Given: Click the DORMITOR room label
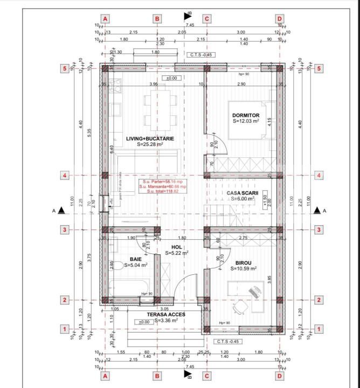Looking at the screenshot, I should coord(246,115).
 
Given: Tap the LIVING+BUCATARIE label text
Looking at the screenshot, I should coord(150,138).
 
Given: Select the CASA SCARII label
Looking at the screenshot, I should coord(244,192).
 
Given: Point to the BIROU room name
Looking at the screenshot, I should coord(244,262).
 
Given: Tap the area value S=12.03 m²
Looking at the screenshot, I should coord(246,122).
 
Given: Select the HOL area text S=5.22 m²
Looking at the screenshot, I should coord(176,253).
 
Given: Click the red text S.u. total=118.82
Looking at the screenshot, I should coord(162,191).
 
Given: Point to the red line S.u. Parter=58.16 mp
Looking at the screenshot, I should coord(162,182).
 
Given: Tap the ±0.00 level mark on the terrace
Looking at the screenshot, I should coord(144,322).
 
